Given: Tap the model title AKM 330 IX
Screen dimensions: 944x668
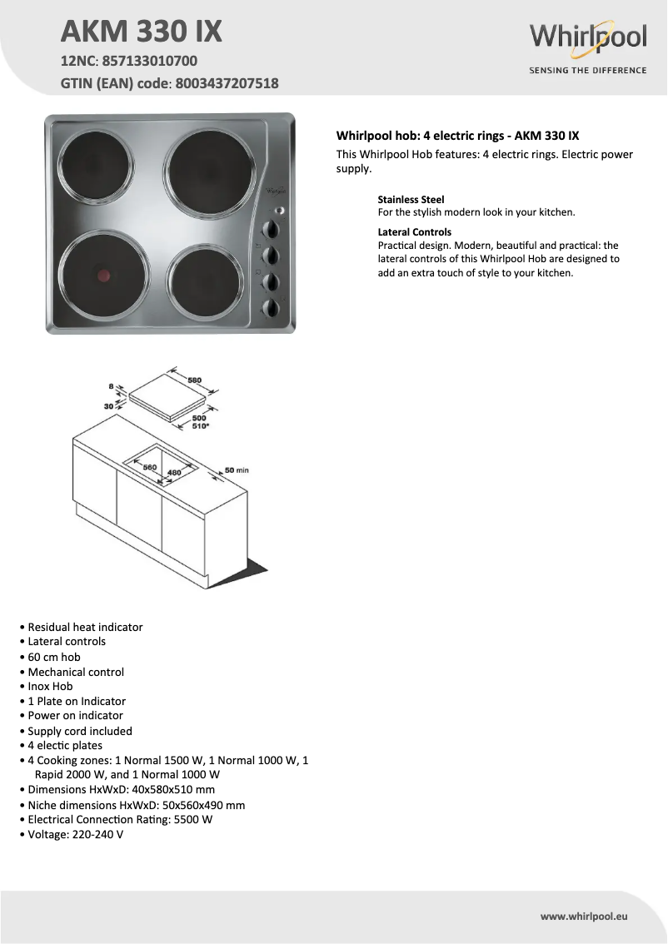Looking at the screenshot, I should pos(142,32).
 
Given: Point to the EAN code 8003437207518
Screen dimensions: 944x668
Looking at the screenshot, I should pos(227,83).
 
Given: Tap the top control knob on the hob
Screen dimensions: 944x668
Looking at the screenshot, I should pos(272,230).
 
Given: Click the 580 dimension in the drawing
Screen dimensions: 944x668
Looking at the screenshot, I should pos(194,380).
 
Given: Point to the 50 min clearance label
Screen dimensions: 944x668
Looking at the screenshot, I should pos(237,471).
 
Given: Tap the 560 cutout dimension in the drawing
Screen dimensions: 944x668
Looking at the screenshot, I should pos(150,468).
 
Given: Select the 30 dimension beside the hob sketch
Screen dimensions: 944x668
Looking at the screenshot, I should pos(109,406).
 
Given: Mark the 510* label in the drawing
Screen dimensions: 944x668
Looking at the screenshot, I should pos(201,425).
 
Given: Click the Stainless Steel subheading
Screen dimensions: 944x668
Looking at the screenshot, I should pos(411,200).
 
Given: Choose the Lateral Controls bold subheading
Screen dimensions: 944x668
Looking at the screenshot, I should pos(414,232).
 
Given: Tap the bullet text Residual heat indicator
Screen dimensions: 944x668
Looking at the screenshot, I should pos(85,627).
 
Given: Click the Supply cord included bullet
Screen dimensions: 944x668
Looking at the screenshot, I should pos(80,731).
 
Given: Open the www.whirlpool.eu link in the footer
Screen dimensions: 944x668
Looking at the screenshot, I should pos(583,917).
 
